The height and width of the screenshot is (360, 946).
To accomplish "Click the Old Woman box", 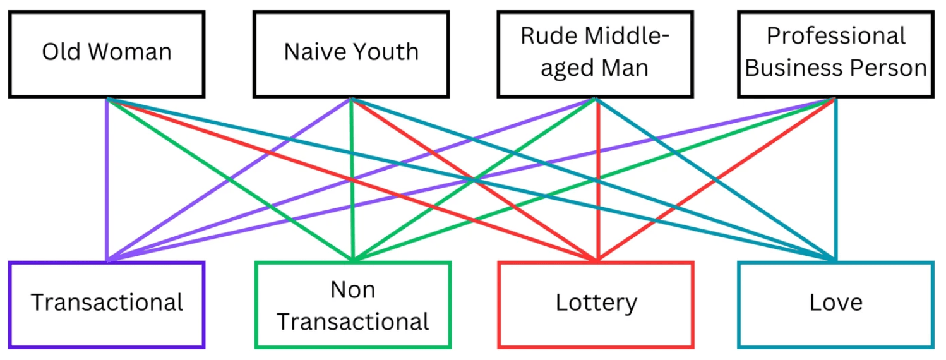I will pyautogui.click(x=106, y=54).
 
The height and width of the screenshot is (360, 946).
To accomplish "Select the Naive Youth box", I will pyautogui.click(x=350, y=54).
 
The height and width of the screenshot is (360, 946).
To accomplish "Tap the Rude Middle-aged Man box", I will pyautogui.click(x=595, y=54).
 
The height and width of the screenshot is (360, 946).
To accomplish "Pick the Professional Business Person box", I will pyautogui.click(x=835, y=54).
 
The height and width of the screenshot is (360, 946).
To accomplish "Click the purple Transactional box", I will pyautogui.click(x=106, y=304).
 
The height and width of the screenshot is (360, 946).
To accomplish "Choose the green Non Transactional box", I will pyautogui.click(x=353, y=304).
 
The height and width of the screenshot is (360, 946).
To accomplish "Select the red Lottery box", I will pyautogui.click(x=596, y=304).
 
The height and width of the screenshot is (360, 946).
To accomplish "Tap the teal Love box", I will pyautogui.click(x=835, y=304).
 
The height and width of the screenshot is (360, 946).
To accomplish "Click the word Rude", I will pyautogui.click(x=547, y=36).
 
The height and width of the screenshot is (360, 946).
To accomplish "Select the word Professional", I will pyautogui.click(x=836, y=36).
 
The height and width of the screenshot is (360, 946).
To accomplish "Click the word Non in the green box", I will pyautogui.click(x=352, y=290).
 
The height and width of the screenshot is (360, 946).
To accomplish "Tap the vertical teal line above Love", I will pyautogui.click(x=835, y=189).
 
